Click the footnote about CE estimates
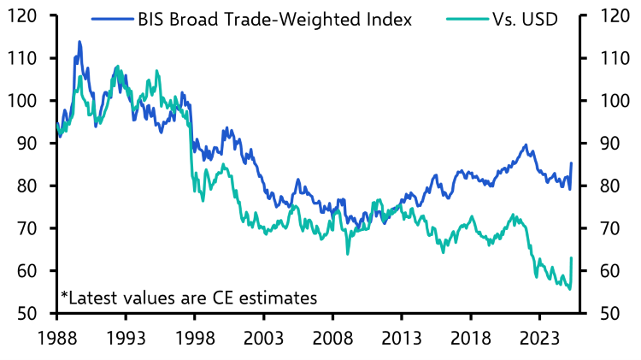pos(189,298)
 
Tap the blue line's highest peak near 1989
pos(79,41)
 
